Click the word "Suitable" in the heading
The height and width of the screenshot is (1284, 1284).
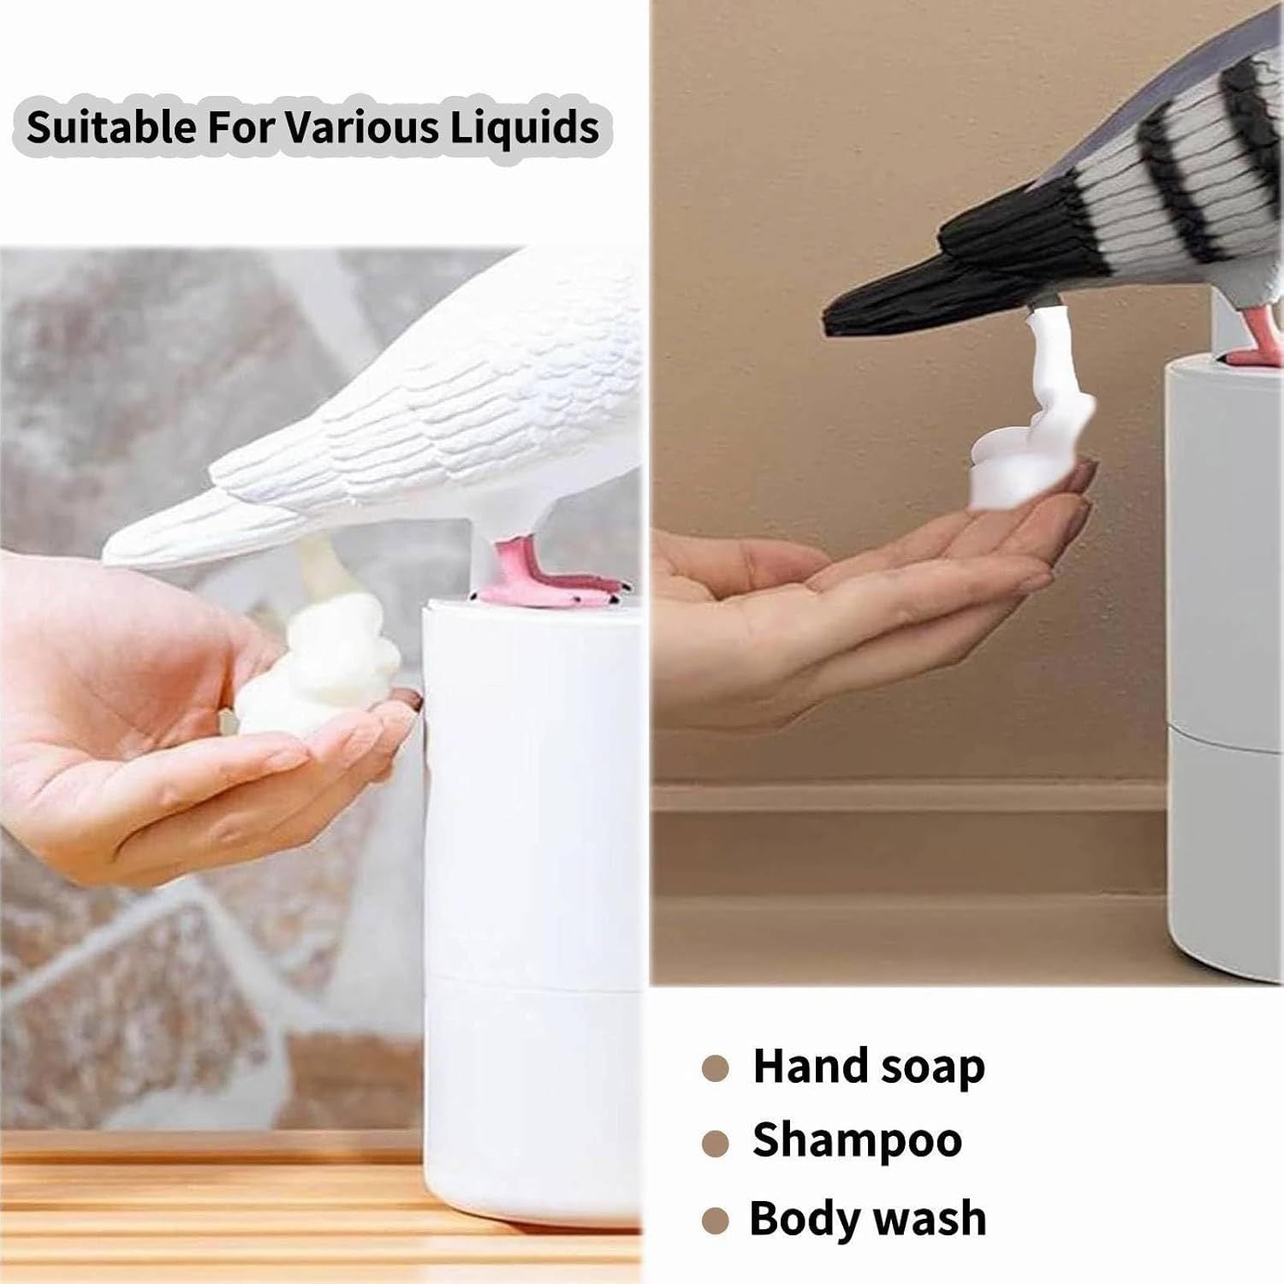coord(111,128)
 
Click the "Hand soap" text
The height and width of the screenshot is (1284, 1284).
coord(868,1067)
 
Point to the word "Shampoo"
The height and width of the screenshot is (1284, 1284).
coord(857,1140)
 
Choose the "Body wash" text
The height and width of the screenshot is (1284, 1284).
coord(867,1218)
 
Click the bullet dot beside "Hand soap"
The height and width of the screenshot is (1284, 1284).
coord(715,1068)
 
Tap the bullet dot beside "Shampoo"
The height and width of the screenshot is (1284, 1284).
coord(715,1143)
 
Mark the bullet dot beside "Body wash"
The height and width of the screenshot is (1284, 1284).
coord(715,1220)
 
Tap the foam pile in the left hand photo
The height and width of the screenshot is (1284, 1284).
coord(321,676)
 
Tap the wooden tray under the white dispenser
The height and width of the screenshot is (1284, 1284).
coord(214,1216)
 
